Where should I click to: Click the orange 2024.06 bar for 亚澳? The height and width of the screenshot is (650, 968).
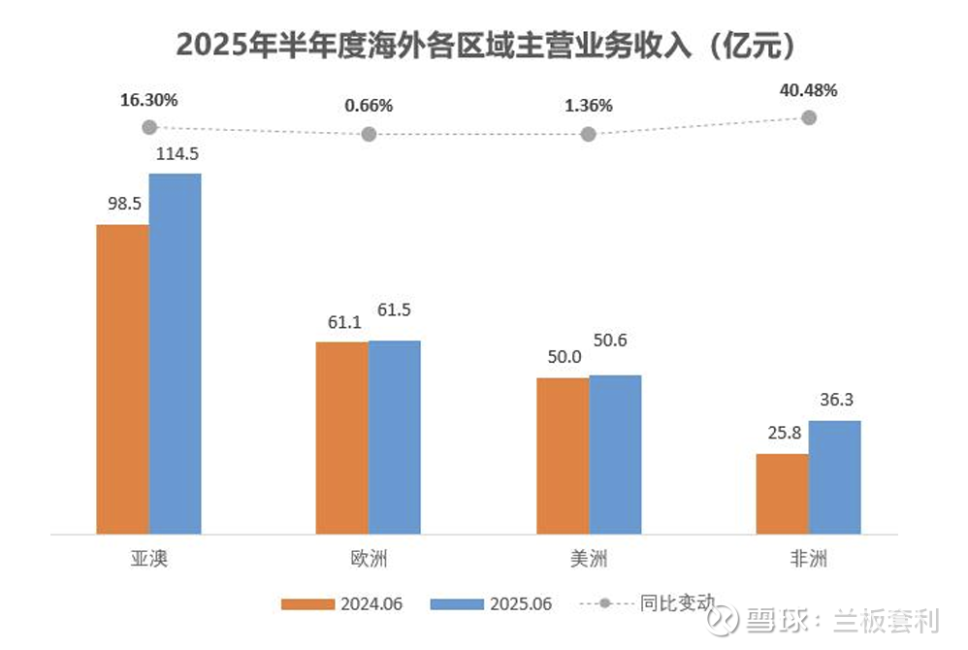[x=122, y=378]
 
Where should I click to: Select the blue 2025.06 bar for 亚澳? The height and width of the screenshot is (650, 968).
[x=175, y=353]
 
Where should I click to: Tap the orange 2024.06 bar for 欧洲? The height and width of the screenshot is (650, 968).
[x=342, y=437]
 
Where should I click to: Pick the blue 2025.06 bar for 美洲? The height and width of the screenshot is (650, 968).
[x=615, y=454]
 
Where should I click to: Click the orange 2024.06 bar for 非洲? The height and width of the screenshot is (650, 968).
[x=782, y=493]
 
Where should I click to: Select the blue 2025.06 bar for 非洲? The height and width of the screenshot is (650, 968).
[x=834, y=476]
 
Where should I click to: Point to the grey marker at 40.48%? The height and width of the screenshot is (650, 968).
[x=809, y=117]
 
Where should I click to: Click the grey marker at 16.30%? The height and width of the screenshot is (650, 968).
[x=148, y=127]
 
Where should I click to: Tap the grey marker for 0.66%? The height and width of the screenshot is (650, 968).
[x=369, y=134]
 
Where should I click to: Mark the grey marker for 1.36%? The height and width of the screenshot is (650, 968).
[x=588, y=134]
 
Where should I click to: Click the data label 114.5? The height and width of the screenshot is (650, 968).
[x=176, y=153]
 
